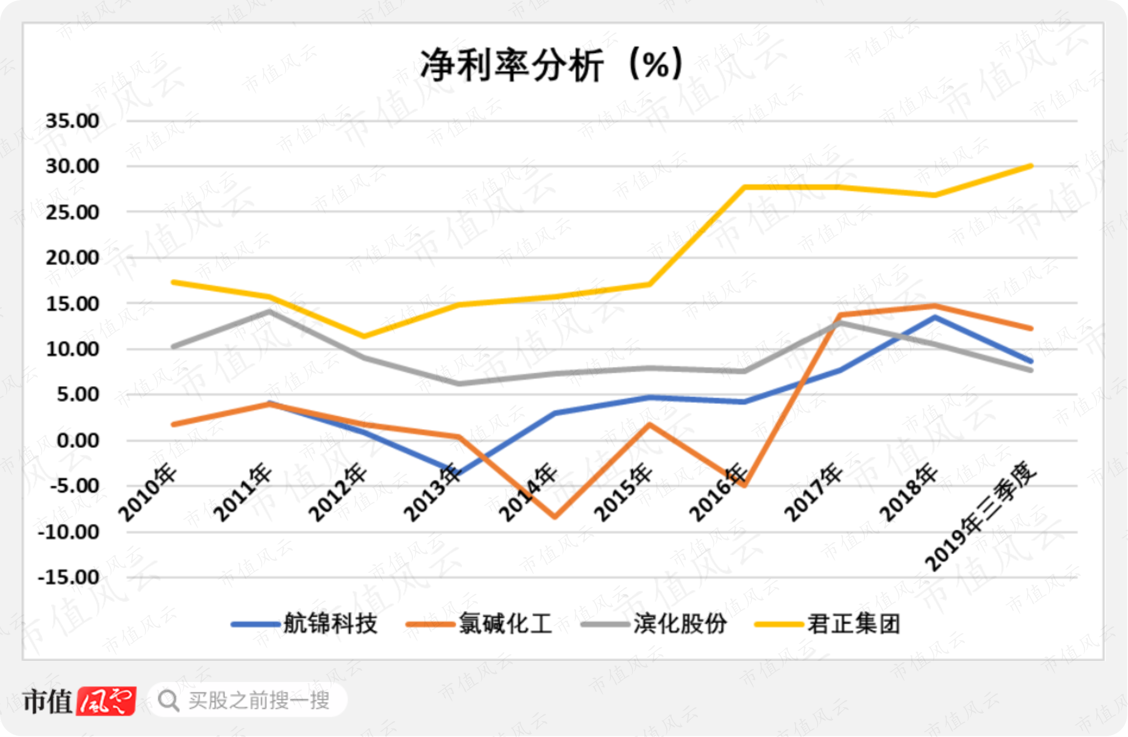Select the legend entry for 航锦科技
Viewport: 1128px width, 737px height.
[305, 624]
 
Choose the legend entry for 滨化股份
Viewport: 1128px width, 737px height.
[654, 624]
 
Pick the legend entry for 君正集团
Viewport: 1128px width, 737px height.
[828, 624]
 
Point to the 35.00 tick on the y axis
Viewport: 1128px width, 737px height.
[73, 121]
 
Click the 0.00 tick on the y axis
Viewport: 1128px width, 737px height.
[78, 440]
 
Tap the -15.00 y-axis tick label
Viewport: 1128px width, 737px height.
[69, 577]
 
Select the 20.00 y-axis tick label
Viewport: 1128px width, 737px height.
[73, 257]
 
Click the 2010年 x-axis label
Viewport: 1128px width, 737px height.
[147, 493]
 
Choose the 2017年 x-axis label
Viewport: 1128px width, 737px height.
[813, 493]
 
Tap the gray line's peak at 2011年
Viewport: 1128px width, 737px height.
[269, 312]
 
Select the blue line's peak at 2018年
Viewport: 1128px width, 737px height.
[935, 317]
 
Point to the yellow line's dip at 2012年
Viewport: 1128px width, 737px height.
[364, 336]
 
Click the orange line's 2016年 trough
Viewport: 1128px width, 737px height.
[745, 485]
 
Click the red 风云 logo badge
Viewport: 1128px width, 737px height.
[106, 701]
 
